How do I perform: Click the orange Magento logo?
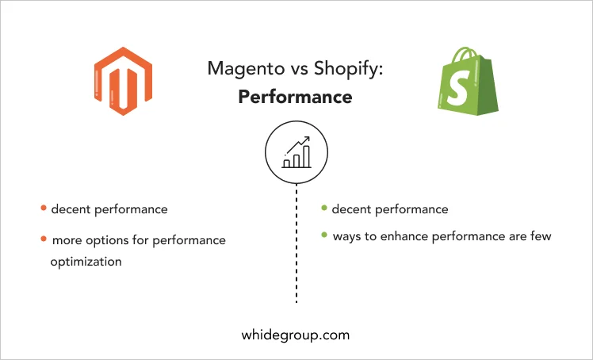pos(123,81)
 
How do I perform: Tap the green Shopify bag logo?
pos(468,81)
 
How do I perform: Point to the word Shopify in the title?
pos(347,69)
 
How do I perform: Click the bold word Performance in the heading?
pos(296,97)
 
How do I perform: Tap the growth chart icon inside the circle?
pos(296,152)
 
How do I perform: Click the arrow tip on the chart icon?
pos(308,138)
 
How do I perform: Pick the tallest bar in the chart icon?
pos(306,156)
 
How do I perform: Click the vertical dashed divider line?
pos(296,243)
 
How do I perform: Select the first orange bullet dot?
pos(44,208)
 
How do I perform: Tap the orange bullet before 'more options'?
pos(44,239)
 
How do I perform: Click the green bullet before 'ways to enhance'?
pos(324,235)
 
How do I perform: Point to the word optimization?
pos(86,262)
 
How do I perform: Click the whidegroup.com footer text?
pos(296,335)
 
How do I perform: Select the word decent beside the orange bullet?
pos(71,209)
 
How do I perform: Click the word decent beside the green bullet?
pos(351,209)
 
